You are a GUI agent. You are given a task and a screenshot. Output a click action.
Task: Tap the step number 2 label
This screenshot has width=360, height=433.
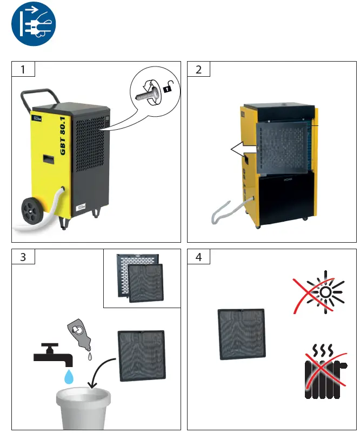[198, 70]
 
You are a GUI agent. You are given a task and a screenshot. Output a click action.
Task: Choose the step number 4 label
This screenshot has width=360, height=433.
[198, 257]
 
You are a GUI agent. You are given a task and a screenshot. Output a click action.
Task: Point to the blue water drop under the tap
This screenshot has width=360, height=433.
[69, 377]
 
